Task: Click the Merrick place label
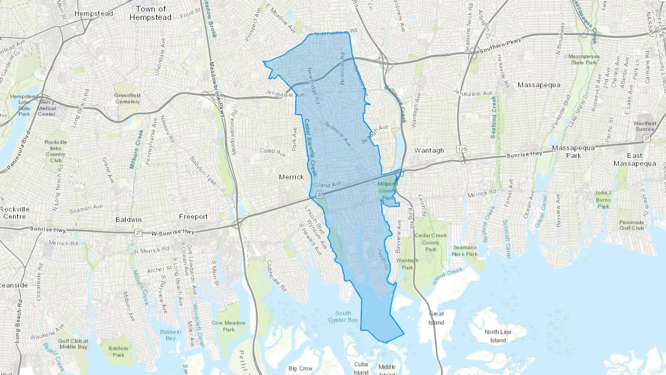(x=291, y=177)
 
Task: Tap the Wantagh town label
(x=429, y=151)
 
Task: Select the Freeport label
(x=193, y=217)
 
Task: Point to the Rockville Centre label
(x=15, y=213)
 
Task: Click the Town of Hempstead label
(x=151, y=13)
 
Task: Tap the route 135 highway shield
(x=461, y=149)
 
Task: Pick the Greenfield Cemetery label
(x=127, y=98)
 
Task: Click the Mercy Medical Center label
(x=47, y=108)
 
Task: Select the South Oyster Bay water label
(x=343, y=317)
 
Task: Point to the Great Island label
(x=436, y=318)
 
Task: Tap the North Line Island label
(x=498, y=336)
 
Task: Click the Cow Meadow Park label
(x=229, y=326)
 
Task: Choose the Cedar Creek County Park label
(x=431, y=242)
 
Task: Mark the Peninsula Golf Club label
(x=632, y=225)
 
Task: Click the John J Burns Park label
(x=603, y=200)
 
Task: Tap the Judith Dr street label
(x=382, y=259)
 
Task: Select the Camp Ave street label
(x=273, y=152)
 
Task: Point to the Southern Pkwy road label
(x=500, y=45)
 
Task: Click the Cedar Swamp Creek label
(x=310, y=147)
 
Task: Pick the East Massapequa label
(x=635, y=160)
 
